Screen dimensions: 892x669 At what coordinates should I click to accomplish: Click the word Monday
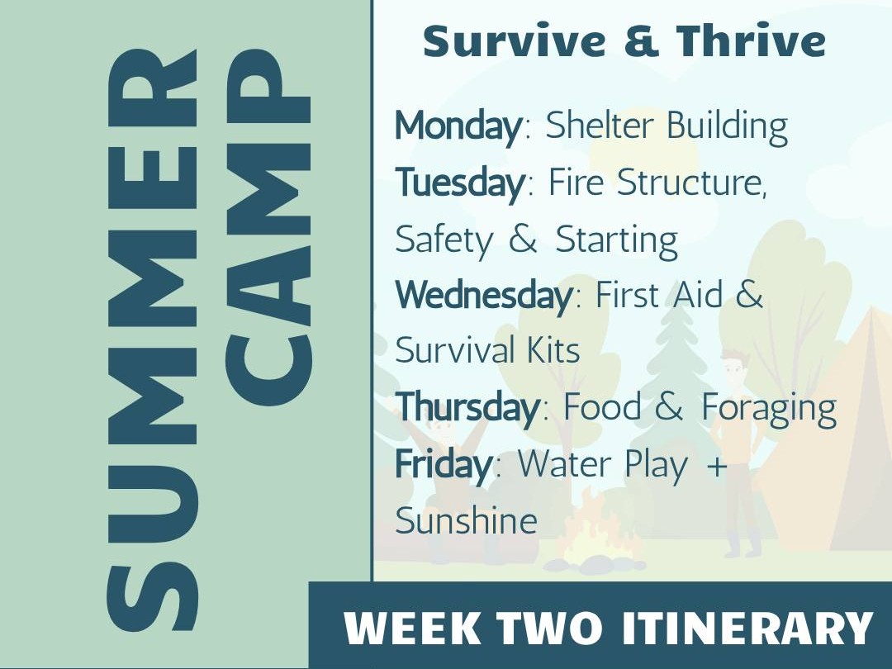458,126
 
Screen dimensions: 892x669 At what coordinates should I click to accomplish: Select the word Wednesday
484,295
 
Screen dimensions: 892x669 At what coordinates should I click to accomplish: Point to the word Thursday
467,407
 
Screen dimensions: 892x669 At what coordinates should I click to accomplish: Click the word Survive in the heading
515,41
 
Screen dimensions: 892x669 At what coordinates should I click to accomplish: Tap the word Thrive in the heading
751,41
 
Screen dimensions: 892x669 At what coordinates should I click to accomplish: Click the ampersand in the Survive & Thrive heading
641,41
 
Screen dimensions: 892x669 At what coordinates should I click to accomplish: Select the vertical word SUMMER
152,340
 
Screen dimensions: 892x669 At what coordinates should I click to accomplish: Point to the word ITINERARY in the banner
747,628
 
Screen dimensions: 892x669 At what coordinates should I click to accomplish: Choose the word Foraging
769,408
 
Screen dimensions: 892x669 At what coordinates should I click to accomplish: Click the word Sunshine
466,520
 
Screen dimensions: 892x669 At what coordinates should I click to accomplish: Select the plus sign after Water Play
717,465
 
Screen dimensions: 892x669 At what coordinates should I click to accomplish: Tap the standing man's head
733,365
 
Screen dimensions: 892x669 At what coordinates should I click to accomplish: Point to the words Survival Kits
487,350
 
